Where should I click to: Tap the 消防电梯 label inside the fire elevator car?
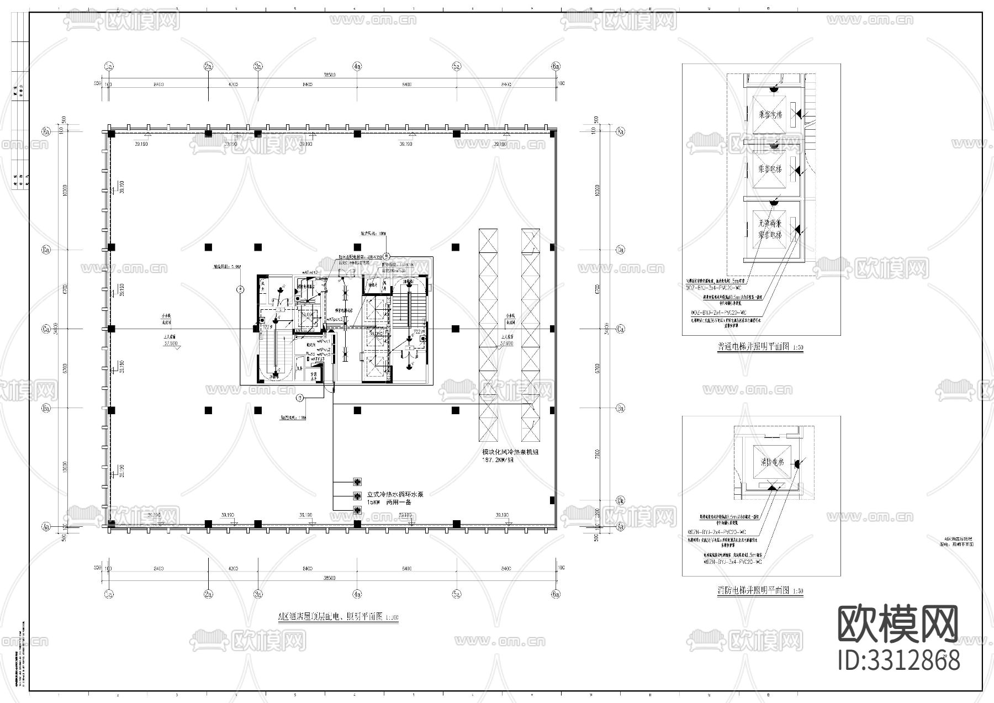click(x=772, y=462)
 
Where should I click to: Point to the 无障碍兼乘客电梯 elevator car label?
click(x=770, y=229)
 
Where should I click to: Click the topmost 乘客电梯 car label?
click(x=770, y=115)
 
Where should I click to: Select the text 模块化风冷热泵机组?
click(x=510, y=452)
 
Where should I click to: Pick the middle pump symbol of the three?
click(x=357, y=496)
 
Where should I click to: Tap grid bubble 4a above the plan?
click(x=357, y=66)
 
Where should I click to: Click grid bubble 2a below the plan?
click(x=208, y=594)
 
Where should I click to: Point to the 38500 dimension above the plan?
click(x=329, y=75)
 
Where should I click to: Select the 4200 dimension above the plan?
click(x=233, y=84)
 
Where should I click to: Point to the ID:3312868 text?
click(x=899, y=660)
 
